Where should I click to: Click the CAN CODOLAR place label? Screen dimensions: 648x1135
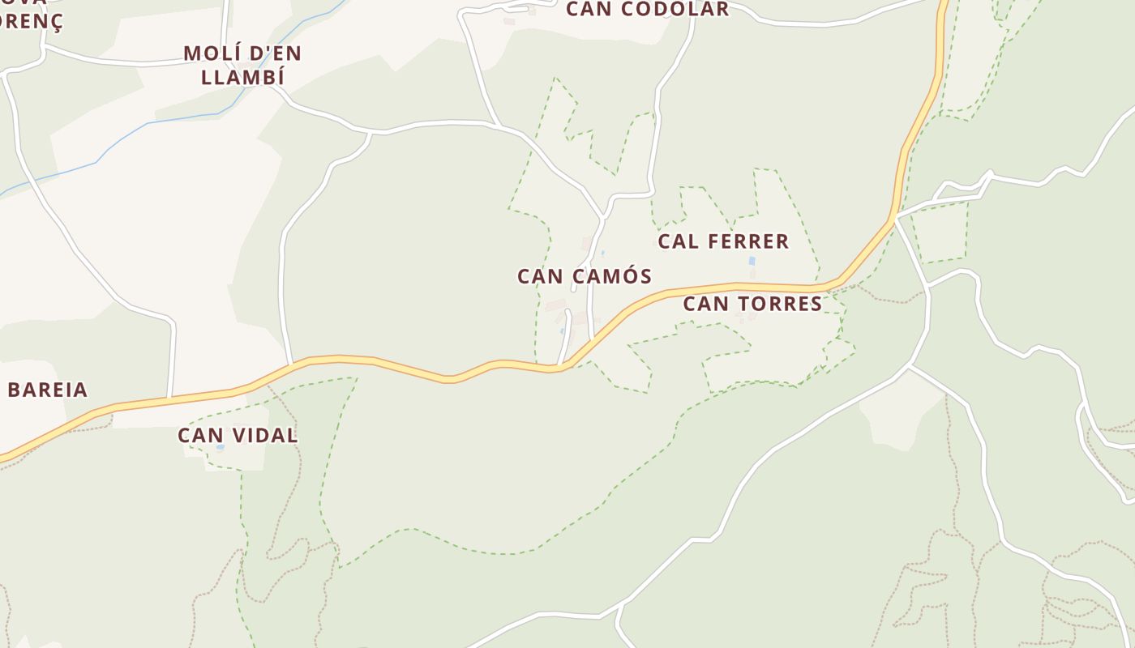pos(647,10)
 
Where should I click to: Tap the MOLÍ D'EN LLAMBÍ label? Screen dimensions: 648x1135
pos(242,66)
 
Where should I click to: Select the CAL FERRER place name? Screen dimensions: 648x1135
pos(723,241)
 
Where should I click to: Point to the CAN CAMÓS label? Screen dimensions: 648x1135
pos(585,276)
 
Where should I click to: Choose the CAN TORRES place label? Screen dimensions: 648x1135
pos(752,304)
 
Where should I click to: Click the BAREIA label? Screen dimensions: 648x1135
pos(47,390)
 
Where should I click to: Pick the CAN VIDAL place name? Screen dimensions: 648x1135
pos(238,435)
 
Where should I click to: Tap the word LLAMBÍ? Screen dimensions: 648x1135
pos(242,78)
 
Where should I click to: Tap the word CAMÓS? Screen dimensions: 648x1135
pos(610,276)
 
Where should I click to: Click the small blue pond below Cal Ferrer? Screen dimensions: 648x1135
pos(752,262)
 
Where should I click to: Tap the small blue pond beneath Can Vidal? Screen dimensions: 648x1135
pos(220,447)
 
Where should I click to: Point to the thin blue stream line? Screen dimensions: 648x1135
pos(122,146)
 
